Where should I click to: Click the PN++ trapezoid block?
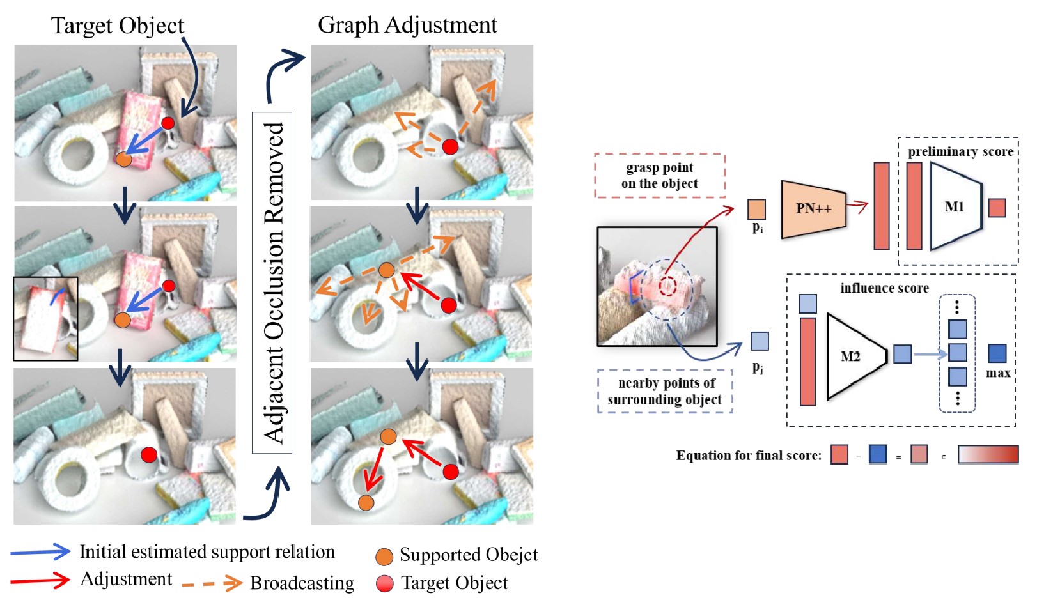click(813, 208)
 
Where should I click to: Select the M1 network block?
click(955, 206)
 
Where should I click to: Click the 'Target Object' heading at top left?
click(118, 26)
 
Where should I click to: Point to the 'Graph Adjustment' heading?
click(407, 25)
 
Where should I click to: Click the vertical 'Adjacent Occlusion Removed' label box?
click(272, 282)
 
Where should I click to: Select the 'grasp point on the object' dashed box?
click(660, 176)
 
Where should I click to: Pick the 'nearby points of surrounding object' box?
click(665, 391)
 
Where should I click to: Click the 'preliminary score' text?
click(960, 151)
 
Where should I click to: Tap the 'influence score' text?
click(884, 288)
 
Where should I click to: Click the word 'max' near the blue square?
click(998, 373)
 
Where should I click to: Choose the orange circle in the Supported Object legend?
click(384, 557)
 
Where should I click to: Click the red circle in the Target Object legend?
click(385, 583)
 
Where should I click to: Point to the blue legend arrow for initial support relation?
click(40, 552)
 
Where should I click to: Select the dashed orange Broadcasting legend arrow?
click(212, 583)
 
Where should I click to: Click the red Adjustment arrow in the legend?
click(40, 580)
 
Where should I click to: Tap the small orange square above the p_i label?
click(756, 210)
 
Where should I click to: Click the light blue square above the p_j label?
click(760, 341)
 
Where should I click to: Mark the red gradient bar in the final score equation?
click(988, 454)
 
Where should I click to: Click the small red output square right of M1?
click(997, 208)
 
